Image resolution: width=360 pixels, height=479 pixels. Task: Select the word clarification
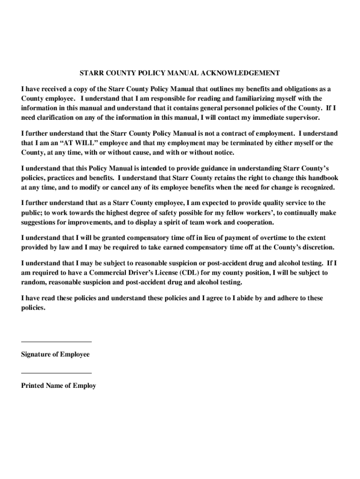pyautogui.click(x=60, y=117)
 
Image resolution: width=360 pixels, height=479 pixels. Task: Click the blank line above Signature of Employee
pyautogui.click(x=56, y=342)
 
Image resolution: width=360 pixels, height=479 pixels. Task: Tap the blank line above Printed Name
pyautogui.click(x=56, y=373)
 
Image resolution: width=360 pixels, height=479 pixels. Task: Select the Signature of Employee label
pyautogui.click(x=55, y=355)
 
